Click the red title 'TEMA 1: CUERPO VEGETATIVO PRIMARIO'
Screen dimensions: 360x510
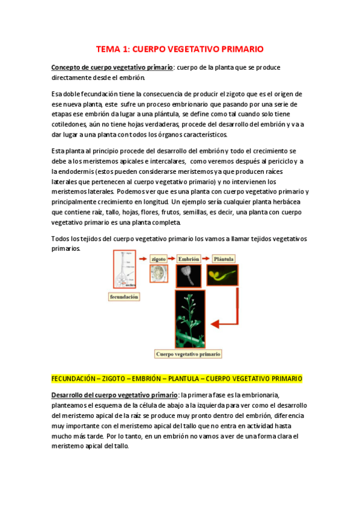(180, 49)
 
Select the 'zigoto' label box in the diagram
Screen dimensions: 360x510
(159, 259)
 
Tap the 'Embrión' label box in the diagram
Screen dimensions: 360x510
(190, 259)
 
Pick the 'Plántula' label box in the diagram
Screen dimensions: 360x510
(224, 259)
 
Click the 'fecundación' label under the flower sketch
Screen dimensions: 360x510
(124, 296)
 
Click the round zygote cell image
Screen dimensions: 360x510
(159, 274)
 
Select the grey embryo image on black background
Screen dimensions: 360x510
(189, 275)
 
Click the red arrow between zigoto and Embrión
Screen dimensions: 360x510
(174, 259)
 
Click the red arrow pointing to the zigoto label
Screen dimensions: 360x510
(142, 259)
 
